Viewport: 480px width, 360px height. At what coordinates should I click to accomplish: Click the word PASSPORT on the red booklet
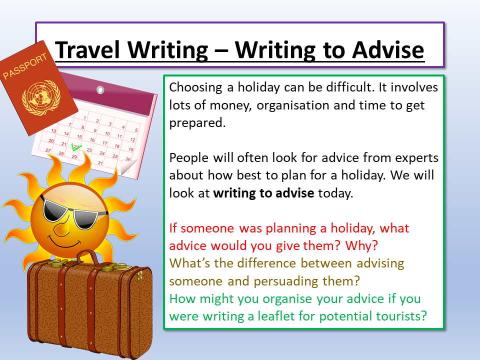pos(25,66)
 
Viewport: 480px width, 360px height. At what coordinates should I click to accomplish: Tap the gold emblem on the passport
pos(41,97)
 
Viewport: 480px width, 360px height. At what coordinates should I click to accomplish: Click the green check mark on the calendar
pos(76,147)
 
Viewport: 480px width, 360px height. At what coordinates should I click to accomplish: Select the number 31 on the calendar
pos(100,163)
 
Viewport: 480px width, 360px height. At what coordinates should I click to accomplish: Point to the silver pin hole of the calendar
pos(100,89)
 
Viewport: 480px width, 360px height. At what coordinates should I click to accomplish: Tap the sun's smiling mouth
pos(65,242)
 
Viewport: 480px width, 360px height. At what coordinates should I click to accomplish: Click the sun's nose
pos(61,228)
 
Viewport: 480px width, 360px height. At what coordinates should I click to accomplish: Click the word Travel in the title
pos(87,50)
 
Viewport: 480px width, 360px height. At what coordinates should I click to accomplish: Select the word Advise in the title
pos(388,50)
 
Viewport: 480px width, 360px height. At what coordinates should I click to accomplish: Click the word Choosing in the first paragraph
pos(195,88)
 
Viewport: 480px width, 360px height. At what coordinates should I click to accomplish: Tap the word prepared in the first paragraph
pos(197,123)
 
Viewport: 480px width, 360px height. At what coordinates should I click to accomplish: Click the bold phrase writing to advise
pos(263,193)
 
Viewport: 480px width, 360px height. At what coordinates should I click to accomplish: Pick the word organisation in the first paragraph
pos(293,105)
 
